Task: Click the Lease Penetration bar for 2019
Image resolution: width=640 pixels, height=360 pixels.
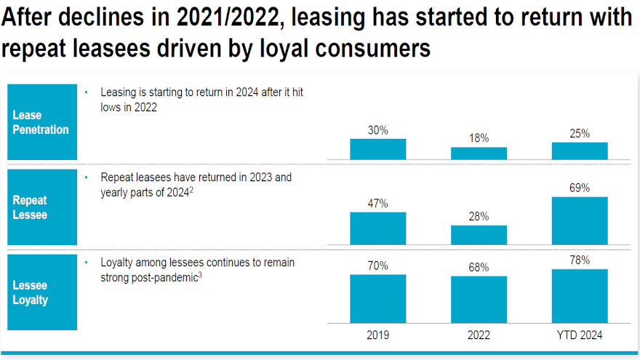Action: (378, 149)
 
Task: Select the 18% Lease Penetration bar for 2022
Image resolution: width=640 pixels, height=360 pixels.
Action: (479, 153)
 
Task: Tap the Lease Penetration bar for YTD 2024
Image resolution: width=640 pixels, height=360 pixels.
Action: (580, 151)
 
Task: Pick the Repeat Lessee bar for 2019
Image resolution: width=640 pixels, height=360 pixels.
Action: (378, 228)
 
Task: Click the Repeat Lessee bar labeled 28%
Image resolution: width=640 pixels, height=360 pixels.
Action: (479, 235)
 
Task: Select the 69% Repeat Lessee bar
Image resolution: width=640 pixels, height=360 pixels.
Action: (580, 220)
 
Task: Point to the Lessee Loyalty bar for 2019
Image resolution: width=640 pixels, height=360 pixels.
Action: (378, 298)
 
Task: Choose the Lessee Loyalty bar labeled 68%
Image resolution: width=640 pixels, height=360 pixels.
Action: (479, 300)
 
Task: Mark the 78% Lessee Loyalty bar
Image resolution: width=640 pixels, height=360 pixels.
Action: (580, 296)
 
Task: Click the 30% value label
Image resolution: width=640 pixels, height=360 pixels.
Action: (378, 131)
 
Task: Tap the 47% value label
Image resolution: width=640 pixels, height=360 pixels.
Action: (378, 204)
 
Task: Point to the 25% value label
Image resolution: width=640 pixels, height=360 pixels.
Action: (580, 134)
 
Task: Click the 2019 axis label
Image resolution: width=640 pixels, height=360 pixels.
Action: (378, 335)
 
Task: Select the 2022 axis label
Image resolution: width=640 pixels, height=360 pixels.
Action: (479, 335)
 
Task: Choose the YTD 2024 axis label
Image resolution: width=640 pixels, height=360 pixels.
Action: (580, 335)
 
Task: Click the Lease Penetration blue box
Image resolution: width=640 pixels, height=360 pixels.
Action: (41, 122)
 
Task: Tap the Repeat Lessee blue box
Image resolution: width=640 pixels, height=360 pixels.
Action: (41, 207)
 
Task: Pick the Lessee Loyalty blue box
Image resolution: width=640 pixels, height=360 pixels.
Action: (41, 291)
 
